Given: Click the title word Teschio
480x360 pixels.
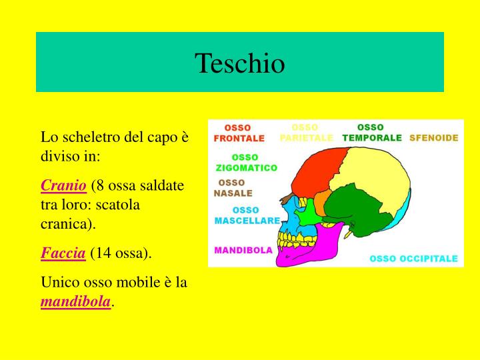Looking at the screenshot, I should click(x=240, y=63).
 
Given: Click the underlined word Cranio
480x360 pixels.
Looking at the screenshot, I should click(x=64, y=185).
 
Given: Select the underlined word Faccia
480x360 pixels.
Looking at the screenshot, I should click(x=63, y=253).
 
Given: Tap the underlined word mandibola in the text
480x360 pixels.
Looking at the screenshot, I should click(x=75, y=301).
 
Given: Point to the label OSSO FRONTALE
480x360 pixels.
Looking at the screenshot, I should click(x=239, y=133).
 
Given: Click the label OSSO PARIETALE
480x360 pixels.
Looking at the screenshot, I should click(x=306, y=133).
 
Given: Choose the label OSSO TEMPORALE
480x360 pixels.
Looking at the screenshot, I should click(x=372, y=133).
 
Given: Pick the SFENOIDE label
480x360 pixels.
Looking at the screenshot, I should click(x=434, y=138).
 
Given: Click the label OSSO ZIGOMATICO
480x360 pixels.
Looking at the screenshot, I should click(x=246, y=163).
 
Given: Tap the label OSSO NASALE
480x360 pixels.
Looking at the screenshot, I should click(x=233, y=188).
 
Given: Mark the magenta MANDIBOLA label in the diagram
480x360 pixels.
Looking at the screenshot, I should click(x=243, y=251).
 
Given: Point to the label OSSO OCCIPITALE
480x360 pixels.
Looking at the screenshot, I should click(x=413, y=258).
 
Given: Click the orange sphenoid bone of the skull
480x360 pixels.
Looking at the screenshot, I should click(x=322, y=202).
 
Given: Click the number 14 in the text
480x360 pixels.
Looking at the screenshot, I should click(x=97, y=253).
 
